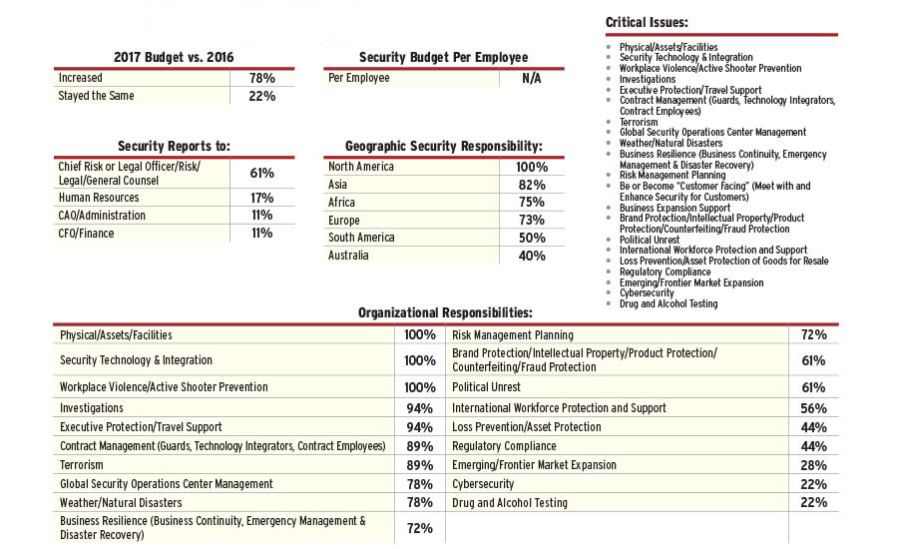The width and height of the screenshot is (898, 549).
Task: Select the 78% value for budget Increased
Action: pos(261,78)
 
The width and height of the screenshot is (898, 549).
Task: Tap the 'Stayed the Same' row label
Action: pos(96,96)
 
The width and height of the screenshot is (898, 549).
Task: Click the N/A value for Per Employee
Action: pos(532,78)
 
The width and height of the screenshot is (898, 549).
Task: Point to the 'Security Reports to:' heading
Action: pos(175,146)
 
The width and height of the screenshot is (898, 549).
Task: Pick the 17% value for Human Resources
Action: pos(261,198)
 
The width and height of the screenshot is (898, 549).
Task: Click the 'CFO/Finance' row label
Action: pos(87,234)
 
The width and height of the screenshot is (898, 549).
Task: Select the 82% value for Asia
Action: pos(532,185)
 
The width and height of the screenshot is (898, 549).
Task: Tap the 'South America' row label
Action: pos(361,238)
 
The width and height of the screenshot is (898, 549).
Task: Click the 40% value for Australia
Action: pos(532,256)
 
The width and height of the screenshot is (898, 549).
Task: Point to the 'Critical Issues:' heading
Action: pos(647,22)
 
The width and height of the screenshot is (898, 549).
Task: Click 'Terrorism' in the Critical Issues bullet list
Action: pos(639,122)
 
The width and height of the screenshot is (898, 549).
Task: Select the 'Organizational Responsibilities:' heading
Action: pos(445,313)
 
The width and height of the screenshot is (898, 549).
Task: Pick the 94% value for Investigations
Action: pos(419,408)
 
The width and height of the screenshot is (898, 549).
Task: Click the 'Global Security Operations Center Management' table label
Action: pos(167,484)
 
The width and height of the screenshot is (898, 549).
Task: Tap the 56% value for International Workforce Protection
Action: pos(813,408)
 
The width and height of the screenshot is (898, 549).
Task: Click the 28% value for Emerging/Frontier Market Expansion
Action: pos(813,465)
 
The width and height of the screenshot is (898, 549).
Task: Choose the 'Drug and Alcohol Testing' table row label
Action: pos(510,503)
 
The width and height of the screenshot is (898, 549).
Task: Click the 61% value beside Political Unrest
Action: pos(813,387)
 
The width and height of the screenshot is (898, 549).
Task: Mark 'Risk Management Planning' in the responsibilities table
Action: pos(513,335)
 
